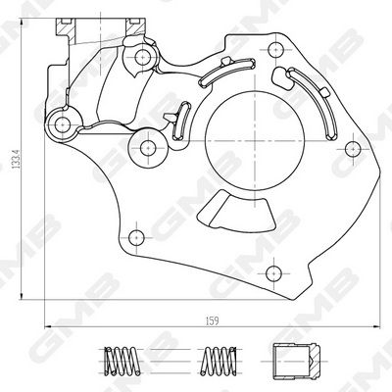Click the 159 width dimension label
point(212,320)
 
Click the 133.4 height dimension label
point(16,159)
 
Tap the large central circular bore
point(254,141)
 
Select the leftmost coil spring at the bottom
point(122,361)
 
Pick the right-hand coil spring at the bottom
point(219,361)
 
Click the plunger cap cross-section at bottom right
point(296,362)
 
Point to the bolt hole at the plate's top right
point(275,50)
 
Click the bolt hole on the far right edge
point(353,149)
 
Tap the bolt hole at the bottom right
point(273,272)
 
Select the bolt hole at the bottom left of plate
point(136,237)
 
